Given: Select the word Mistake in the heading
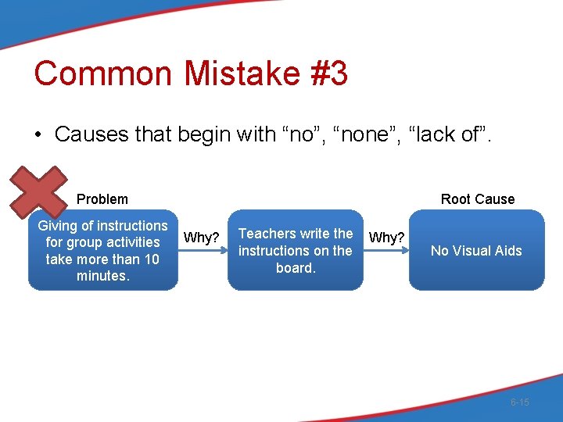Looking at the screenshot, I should click(242, 73).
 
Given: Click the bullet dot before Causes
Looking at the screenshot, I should click(38, 134).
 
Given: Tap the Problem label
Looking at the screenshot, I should click(102, 199).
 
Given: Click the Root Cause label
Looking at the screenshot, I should click(477, 199).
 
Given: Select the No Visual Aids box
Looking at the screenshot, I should click(476, 250).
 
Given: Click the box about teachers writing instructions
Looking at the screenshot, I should click(296, 250).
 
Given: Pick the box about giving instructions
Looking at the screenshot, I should click(102, 250).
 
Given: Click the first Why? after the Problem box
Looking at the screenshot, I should click(201, 238).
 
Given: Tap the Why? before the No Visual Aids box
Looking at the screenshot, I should click(386, 237).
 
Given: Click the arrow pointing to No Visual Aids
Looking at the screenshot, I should click(386, 252).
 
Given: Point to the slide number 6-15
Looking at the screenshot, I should click(519, 402).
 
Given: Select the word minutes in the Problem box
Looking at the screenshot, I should click(102, 276).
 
